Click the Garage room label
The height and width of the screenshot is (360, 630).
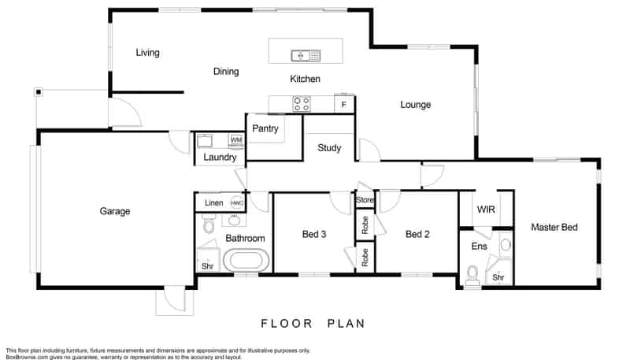pyautogui.click(x=115, y=211)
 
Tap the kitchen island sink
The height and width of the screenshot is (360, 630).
pyautogui.click(x=306, y=55)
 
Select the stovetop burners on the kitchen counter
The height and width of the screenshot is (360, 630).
pyautogui.click(x=302, y=104)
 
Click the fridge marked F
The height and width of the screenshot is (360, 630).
pyautogui.click(x=344, y=104)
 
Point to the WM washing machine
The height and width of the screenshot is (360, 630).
pyautogui.click(x=236, y=140)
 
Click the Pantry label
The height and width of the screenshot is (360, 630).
pyautogui.click(x=265, y=128)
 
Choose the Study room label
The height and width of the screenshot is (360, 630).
pyautogui.click(x=329, y=148)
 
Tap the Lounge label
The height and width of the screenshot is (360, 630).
pyautogui.click(x=416, y=105)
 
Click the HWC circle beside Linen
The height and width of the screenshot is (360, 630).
pyautogui.click(x=237, y=203)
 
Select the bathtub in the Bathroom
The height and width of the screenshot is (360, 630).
pyautogui.click(x=246, y=260)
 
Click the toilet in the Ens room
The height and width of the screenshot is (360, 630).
pyautogui.click(x=472, y=275)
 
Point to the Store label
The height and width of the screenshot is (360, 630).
pyautogui.click(x=365, y=199)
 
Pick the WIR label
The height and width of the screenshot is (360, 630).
pyautogui.click(x=486, y=210)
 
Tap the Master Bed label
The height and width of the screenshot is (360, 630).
pyautogui.click(x=554, y=227)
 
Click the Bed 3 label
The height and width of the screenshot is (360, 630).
pyautogui.click(x=314, y=234)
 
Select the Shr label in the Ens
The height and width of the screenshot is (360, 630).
pyautogui.click(x=498, y=277)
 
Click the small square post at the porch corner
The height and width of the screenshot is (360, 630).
pyautogui.click(x=39, y=92)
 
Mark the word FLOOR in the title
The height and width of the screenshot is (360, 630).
pyautogui.click(x=287, y=324)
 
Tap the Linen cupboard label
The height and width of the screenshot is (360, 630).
pyautogui.click(x=213, y=203)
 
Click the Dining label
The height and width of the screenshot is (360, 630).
pyautogui.click(x=226, y=72)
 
